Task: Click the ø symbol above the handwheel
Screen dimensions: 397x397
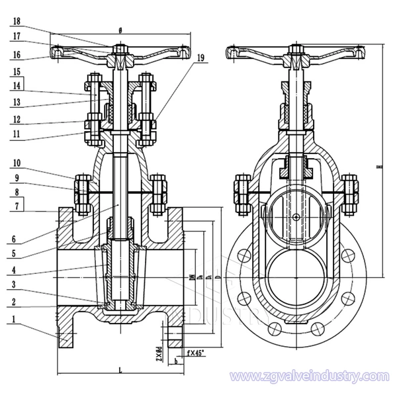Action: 120,29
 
